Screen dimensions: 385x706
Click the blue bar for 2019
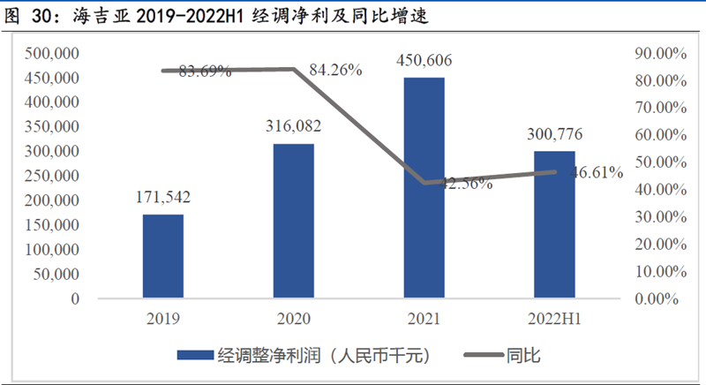[x=163, y=256]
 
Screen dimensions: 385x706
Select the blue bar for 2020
[x=294, y=221]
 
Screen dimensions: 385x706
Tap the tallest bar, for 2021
[x=424, y=188]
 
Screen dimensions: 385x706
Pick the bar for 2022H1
[x=554, y=224]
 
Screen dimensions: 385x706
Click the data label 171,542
[x=163, y=197]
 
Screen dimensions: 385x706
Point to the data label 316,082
[x=293, y=126]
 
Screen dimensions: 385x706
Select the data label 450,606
[x=424, y=60]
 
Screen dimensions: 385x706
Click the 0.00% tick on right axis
[x=657, y=298]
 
